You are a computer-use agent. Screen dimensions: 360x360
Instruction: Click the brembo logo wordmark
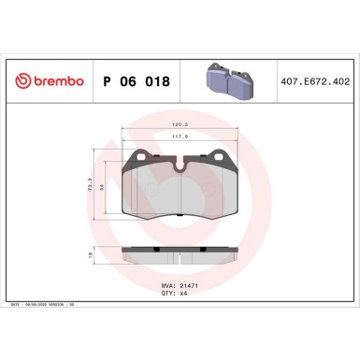point(53,82)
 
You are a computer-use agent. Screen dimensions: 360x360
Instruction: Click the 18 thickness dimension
point(90,254)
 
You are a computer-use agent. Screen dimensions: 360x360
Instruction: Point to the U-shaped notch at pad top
point(180,166)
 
